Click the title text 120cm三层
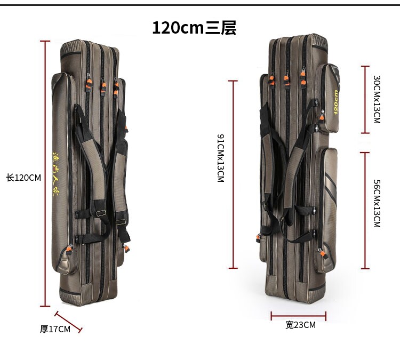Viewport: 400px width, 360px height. tap(194, 28)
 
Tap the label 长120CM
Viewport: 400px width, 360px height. tap(23, 178)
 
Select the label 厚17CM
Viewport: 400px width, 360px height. tap(55, 329)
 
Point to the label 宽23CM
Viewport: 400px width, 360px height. tap(300, 325)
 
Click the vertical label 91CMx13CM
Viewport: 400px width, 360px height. tap(220, 158)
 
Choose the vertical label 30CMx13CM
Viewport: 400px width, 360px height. tap(377, 99)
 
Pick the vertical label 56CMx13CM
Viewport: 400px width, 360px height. tap(377, 204)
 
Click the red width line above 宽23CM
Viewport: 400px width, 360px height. tap(298, 316)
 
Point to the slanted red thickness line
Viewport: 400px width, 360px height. tap(69, 322)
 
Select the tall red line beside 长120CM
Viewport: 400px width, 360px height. tap(44, 173)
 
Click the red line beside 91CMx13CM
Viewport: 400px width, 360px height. tap(233, 174)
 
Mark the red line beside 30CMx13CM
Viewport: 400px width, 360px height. tap(365, 99)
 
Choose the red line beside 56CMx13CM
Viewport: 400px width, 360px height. tap(365, 211)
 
